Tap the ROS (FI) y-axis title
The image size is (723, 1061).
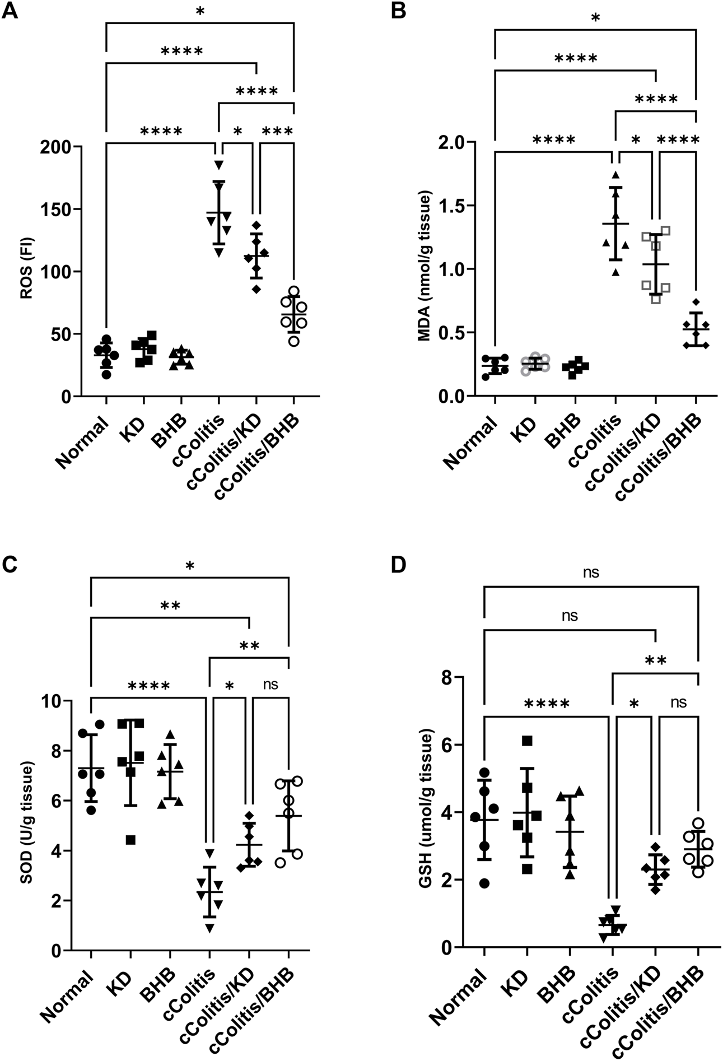(26, 272)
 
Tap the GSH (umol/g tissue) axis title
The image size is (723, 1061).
(427, 812)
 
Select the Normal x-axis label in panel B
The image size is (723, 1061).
(471, 442)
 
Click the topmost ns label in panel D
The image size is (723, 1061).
(591, 573)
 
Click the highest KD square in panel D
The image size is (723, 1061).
(527, 741)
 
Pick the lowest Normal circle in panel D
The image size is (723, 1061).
(484, 883)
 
